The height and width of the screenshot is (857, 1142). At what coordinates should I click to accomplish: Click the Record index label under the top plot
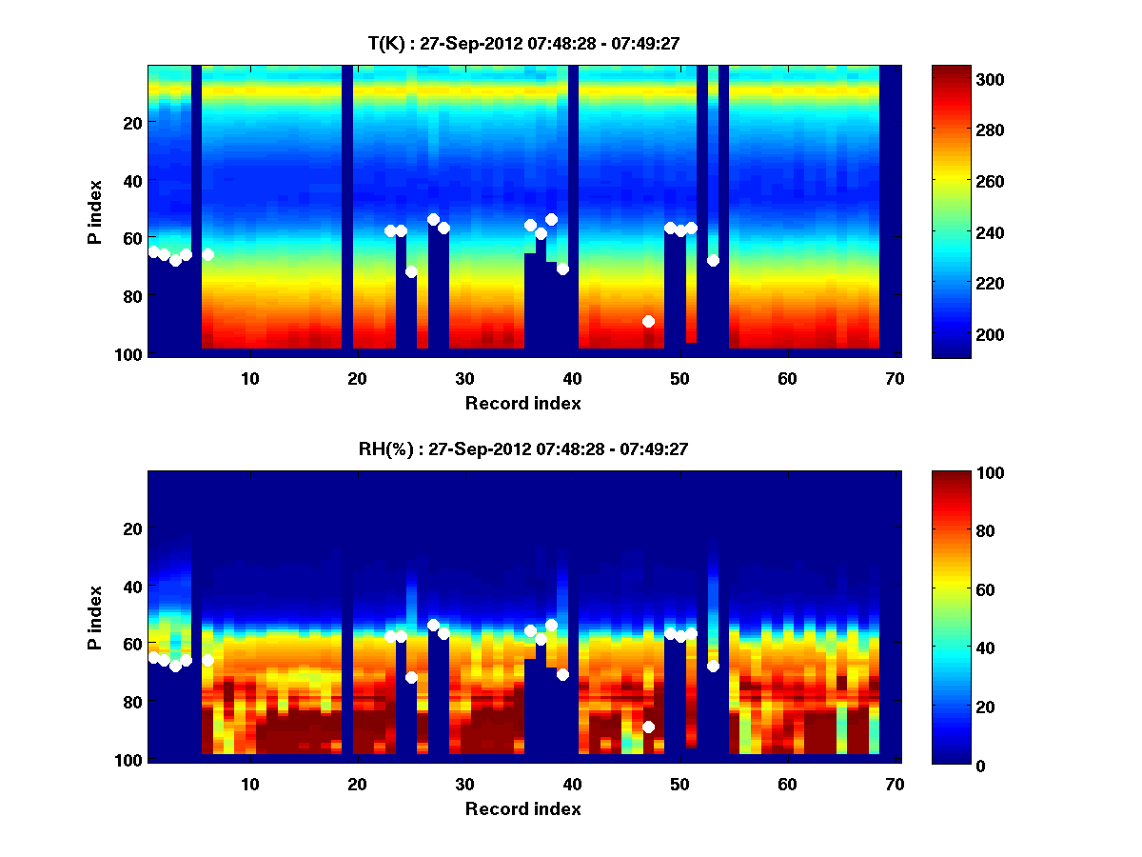click(x=522, y=403)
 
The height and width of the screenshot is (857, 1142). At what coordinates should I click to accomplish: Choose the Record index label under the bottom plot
click(x=522, y=808)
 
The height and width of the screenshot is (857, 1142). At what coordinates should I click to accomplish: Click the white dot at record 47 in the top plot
click(x=648, y=321)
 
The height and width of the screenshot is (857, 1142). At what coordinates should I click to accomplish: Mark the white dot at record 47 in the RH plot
click(x=648, y=727)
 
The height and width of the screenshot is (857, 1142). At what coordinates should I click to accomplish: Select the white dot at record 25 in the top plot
click(x=411, y=271)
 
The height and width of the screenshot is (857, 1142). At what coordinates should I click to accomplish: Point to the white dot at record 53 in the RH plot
click(x=713, y=666)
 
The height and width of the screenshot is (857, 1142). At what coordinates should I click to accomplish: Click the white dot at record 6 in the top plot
click(x=207, y=254)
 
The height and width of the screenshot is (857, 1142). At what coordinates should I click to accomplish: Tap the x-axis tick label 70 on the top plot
click(x=894, y=378)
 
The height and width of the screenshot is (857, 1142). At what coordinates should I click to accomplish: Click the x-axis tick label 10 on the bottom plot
click(x=249, y=784)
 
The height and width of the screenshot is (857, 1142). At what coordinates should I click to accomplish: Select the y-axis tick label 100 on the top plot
click(x=130, y=354)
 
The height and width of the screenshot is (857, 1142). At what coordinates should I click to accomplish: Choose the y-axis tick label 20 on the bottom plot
click(x=134, y=528)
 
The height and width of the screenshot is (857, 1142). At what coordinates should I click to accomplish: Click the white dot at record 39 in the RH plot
click(x=562, y=674)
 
